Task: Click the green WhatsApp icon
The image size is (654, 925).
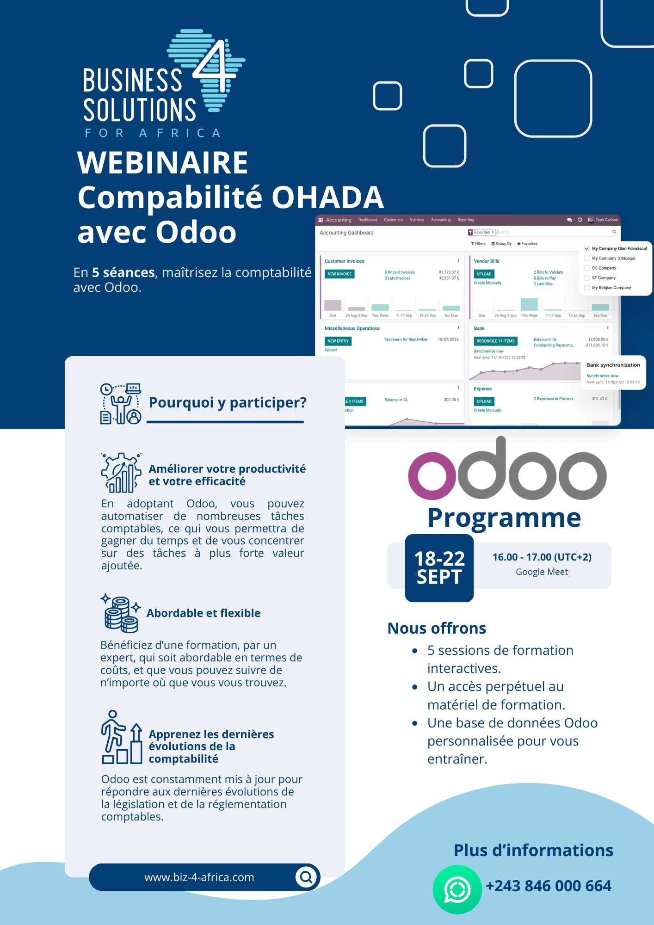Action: pyautogui.click(x=457, y=889)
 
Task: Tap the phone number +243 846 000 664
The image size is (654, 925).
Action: pyautogui.click(x=548, y=886)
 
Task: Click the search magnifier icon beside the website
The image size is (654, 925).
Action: pyautogui.click(x=306, y=876)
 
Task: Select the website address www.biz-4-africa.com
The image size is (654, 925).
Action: pyautogui.click(x=199, y=877)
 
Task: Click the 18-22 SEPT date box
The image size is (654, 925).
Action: pyautogui.click(x=439, y=568)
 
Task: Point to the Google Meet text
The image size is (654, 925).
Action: pyautogui.click(x=542, y=572)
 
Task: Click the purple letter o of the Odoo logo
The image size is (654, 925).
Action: pyautogui.click(x=432, y=476)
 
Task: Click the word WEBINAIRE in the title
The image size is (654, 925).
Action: pyautogui.click(x=162, y=163)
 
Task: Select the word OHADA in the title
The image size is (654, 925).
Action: pyautogui.click(x=327, y=197)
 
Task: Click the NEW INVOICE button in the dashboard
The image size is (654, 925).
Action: pyautogui.click(x=339, y=274)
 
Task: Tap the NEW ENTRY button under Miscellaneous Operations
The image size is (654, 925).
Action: pyautogui.click(x=338, y=341)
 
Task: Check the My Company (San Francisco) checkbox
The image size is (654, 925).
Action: pyautogui.click(x=587, y=248)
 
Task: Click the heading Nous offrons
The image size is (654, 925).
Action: pyautogui.click(x=437, y=628)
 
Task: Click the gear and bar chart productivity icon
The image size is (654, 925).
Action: pyautogui.click(x=121, y=473)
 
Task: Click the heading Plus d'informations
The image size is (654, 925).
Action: pyautogui.click(x=533, y=850)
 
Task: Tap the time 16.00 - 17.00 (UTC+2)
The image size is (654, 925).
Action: pyautogui.click(x=542, y=557)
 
